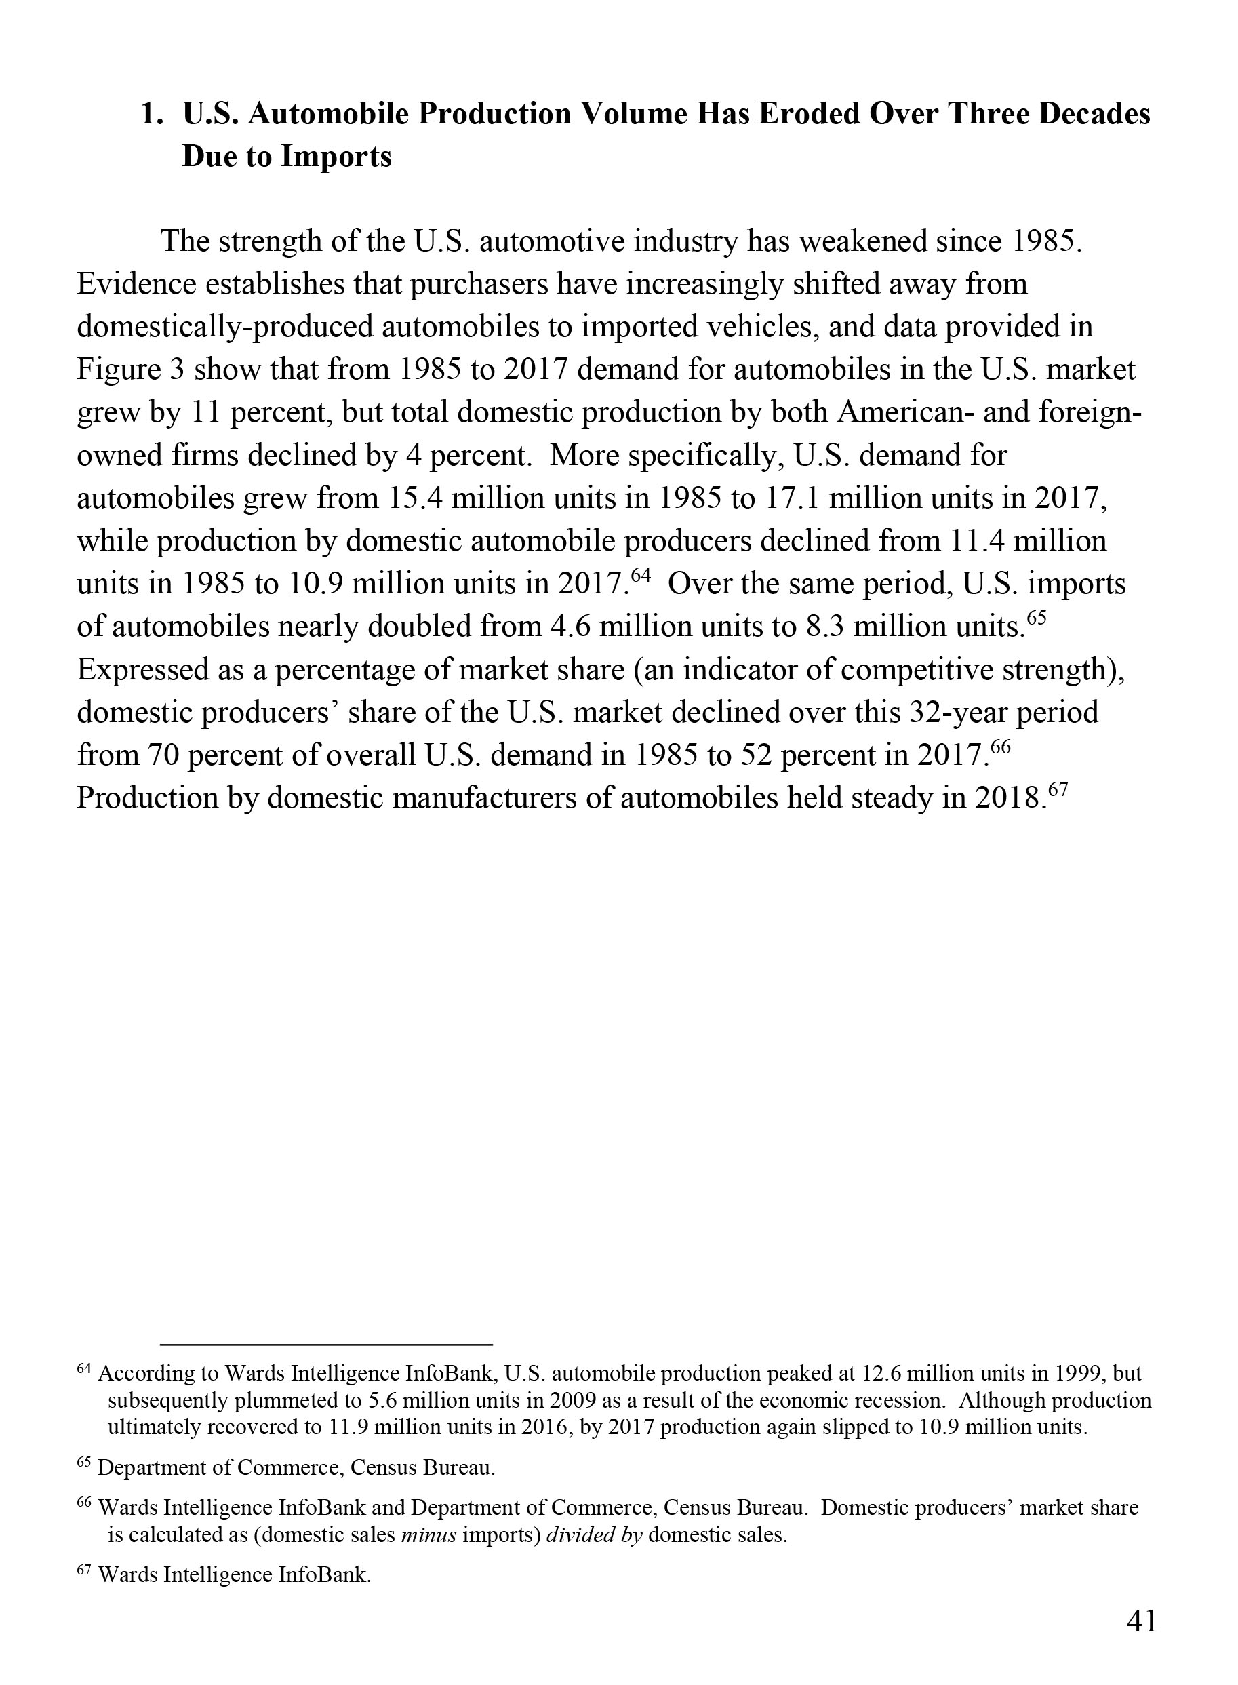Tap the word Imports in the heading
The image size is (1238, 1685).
[336, 157]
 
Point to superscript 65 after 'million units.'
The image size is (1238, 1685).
[1035, 618]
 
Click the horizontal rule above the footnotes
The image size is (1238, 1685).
[326, 1345]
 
